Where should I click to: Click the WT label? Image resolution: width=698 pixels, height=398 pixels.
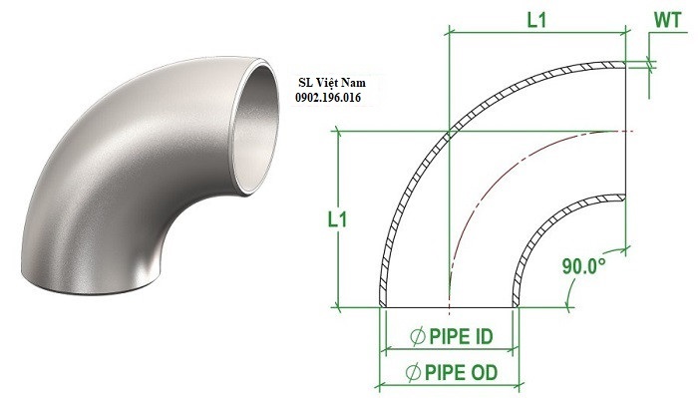point(668,21)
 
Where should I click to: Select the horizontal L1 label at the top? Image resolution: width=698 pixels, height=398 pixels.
point(536,20)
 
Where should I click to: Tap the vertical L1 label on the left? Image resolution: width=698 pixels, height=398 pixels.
point(337,219)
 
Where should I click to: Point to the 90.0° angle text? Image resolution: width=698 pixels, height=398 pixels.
point(583,266)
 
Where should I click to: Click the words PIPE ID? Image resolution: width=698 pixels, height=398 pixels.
point(461,336)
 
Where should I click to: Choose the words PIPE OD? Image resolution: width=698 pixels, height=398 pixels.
point(461,372)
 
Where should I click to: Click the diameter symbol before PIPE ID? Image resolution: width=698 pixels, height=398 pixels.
point(417,336)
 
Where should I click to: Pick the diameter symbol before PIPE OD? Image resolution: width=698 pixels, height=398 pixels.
point(413,373)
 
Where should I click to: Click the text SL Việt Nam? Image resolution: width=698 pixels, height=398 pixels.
point(332,83)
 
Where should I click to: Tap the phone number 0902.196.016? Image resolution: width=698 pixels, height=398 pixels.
point(328,98)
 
